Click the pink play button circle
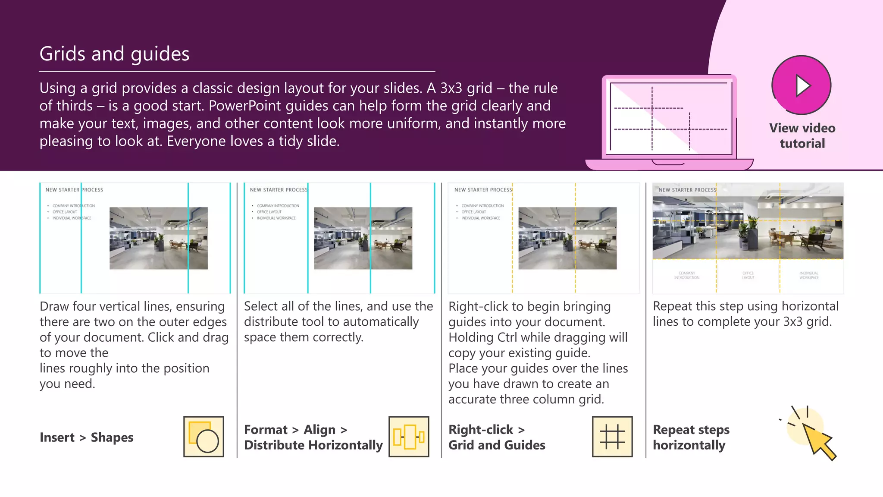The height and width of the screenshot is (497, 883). (x=801, y=85)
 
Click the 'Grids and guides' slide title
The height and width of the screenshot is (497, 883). (x=114, y=54)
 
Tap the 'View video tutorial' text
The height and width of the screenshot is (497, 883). (x=802, y=135)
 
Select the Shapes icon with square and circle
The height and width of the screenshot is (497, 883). (x=204, y=437)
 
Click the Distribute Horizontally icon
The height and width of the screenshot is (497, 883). (x=409, y=437)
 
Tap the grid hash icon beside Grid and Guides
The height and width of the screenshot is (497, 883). (x=612, y=437)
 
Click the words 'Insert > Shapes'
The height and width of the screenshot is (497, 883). (x=86, y=437)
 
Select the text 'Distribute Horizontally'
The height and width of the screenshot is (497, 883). (x=313, y=445)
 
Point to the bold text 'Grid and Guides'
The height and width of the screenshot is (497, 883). (x=497, y=445)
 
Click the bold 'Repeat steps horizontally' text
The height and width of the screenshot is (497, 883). (x=691, y=437)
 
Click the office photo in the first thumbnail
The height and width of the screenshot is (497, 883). (x=158, y=238)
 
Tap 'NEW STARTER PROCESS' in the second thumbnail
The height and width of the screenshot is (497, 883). (x=279, y=190)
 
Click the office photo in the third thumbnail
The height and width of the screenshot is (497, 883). (x=567, y=238)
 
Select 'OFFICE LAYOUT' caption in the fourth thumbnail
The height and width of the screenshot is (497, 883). (x=748, y=275)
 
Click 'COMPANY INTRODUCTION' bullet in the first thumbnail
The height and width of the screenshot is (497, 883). (x=73, y=206)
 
